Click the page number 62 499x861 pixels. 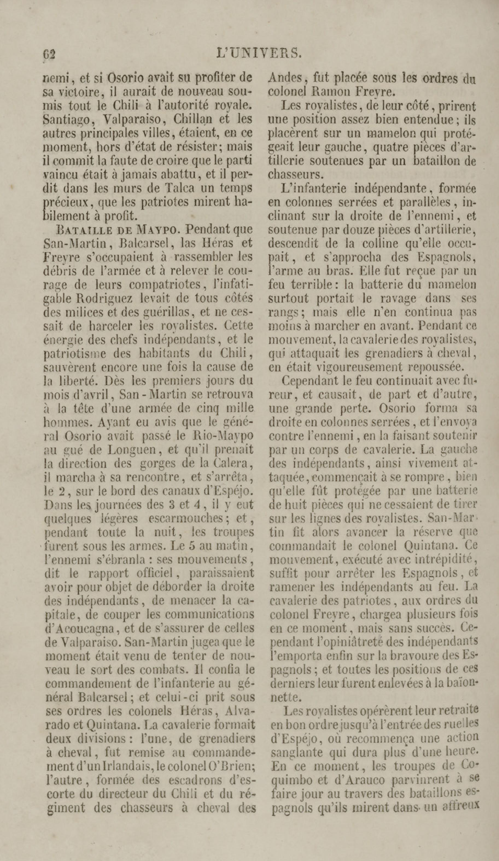pyautogui.click(x=49, y=54)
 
